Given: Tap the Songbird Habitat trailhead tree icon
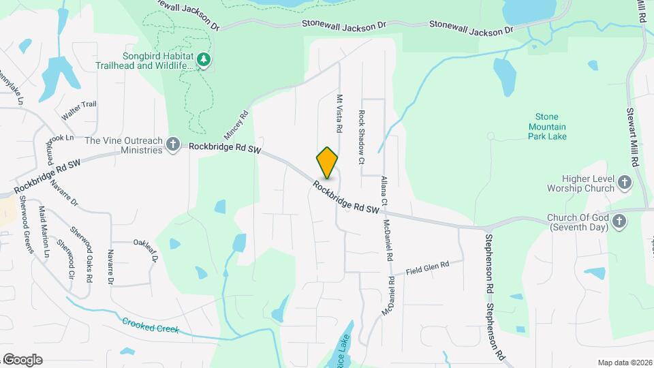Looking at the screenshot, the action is [203, 61].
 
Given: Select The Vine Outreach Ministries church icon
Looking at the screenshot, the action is [174, 144].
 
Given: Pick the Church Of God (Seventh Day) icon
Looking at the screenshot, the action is [619, 221].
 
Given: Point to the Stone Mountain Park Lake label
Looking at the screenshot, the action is [547, 127].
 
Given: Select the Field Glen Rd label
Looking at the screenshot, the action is [428, 268].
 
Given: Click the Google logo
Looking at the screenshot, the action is [22, 359].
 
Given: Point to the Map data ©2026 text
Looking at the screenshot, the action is [624, 363].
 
